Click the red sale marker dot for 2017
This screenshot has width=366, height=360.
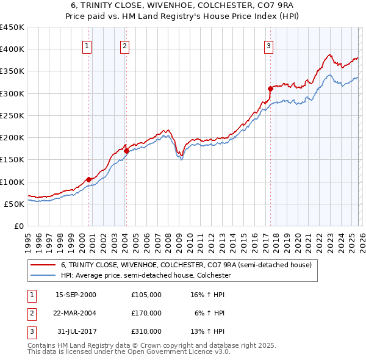[x=270, y=88]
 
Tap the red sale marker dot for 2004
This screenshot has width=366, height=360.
[x=126, y=150]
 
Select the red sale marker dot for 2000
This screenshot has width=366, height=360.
[x=88, y=179]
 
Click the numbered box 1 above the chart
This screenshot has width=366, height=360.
[x=87, y=45]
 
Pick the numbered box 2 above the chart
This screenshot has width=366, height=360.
[x=124, y=45]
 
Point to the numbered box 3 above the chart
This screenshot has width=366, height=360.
[x=268, y=45]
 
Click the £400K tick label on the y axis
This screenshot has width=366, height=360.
[x=12, y=49]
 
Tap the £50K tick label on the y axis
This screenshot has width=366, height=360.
[x=14, y=204]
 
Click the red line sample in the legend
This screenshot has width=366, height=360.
[x=43, y=265]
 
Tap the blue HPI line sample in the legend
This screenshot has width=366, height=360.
[x=43, y=276]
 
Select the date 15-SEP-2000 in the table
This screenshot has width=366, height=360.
[x=76, y=295]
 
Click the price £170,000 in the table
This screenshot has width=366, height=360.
[x=146, y=313]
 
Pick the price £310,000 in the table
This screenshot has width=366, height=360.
[x=146, y=331]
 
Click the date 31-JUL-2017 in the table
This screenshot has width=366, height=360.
[x=76, y=331]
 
